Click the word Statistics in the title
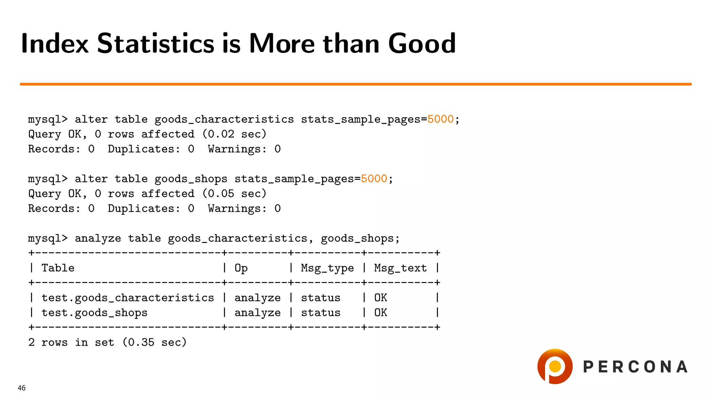[x=155, y=44]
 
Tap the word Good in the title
[x=422, y=44]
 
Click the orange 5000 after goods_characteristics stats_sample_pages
[x=440, y=119]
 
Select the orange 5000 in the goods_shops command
[x=374, y=179]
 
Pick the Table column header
[x=58, y=268]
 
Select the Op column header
[x=241, y=268]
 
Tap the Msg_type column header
[x=327, y=268]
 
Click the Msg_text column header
[x=400, y=268]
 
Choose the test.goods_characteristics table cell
[x=127, y=298]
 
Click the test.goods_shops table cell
[x=94, y=313]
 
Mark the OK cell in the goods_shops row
[x=381, y=313]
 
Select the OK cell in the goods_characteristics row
[x=381, y=298]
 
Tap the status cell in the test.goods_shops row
[x=321, y=313]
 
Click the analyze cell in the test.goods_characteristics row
[x=257, y=298]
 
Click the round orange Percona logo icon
[x=555, y=367]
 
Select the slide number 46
[x=22, y=388]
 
